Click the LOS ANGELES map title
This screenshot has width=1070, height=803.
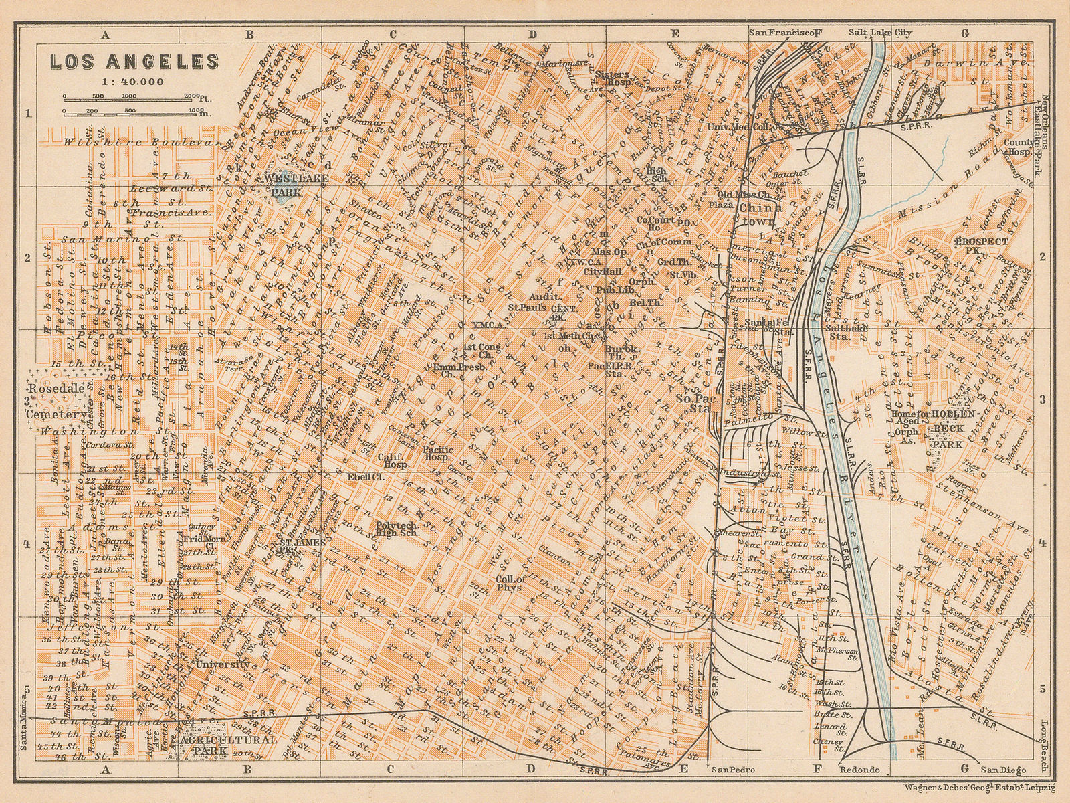click(134, 61)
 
